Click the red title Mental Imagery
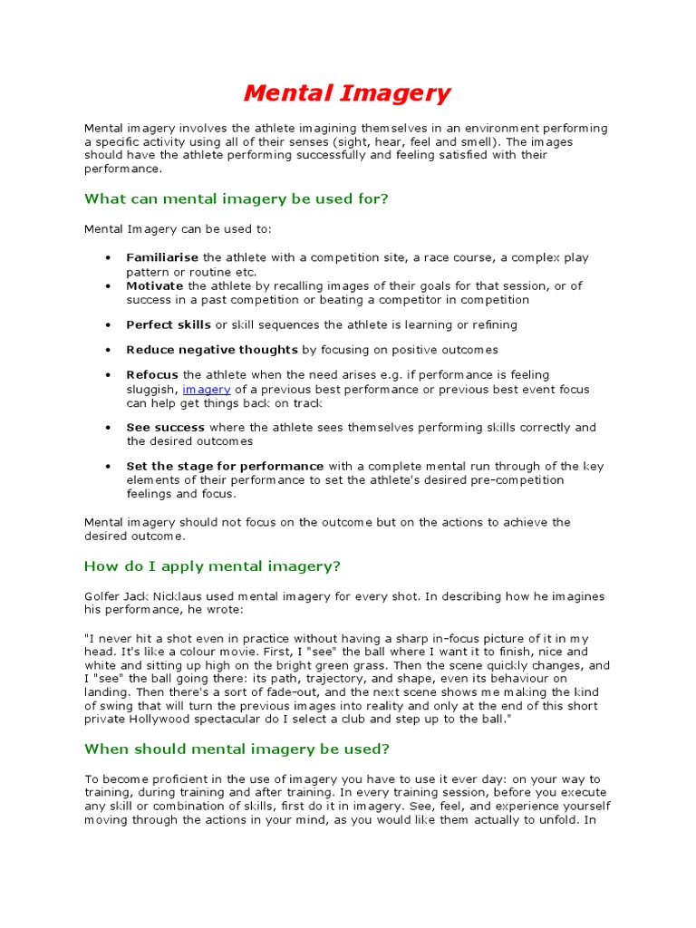347,93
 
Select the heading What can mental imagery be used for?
236,198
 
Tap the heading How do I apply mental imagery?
212,566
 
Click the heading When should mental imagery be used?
237,749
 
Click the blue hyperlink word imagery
207,389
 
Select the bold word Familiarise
162,258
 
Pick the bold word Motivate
155,286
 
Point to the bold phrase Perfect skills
169,324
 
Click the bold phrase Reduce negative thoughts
212,350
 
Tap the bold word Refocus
152,375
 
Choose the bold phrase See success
166,428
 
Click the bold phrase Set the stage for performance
225,467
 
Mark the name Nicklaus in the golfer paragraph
193,596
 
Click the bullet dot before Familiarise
108,258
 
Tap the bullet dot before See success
108,428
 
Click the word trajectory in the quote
344,679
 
